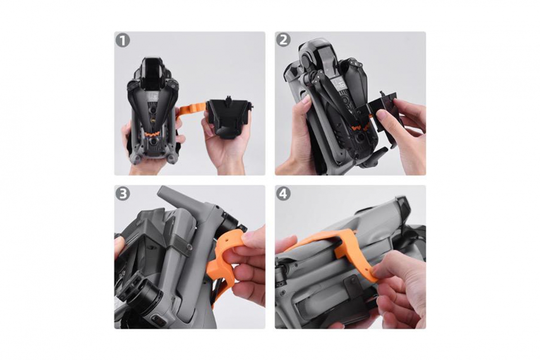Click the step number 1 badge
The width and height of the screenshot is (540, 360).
point(123,41)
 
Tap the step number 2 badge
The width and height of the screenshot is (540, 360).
point(283,40)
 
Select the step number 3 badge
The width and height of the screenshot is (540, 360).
point(123,194)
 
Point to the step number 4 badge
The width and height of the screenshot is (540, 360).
point(283,194)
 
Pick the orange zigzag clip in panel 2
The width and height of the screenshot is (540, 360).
point(361,128)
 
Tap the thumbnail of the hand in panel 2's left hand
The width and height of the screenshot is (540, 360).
point(304,100)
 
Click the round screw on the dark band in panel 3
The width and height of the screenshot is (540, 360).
point(189,246)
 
